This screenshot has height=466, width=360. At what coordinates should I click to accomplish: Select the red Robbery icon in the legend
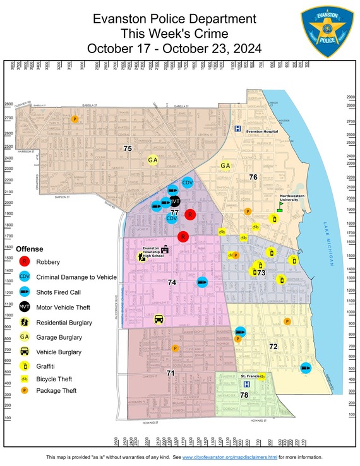click(x=25, y=261)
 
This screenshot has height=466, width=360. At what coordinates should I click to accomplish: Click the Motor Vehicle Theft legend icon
click(x=25, y=307)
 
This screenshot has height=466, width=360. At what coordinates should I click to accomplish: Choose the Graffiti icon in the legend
click(x=25, y=367)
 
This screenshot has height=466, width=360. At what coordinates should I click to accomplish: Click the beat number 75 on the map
click(x=128, y=148)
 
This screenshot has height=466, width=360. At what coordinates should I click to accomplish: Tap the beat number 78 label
click(x=244, y=395)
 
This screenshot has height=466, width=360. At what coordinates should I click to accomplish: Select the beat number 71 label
click(x=170, y=373)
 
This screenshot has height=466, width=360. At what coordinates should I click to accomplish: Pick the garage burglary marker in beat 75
click(x=152, y=160)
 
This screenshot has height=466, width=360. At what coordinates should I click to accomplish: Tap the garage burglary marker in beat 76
click(x=225, y=166)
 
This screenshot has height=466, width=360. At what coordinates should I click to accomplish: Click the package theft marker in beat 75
click(x=75, y=119)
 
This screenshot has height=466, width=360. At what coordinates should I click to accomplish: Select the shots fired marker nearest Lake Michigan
click(x=306, y=367)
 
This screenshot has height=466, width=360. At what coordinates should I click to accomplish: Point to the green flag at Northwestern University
click(x=280, y=205)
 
